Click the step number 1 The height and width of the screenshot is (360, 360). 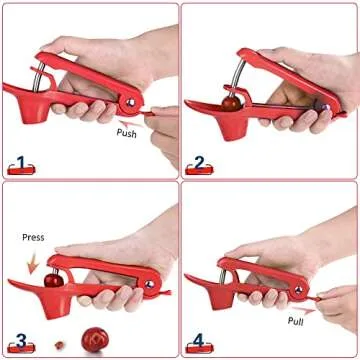(18, 161)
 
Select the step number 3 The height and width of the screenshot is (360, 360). (18, 339)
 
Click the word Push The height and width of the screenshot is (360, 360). (127, 131)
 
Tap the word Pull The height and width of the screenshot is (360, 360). (296, 321)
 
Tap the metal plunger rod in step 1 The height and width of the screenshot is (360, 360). (40, 80)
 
